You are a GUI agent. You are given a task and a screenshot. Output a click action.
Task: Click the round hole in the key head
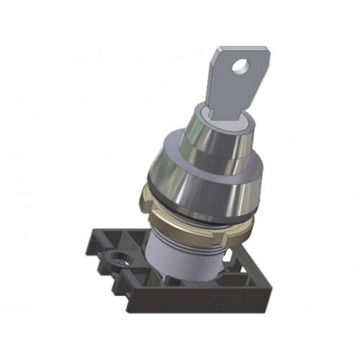pos(241,68)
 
